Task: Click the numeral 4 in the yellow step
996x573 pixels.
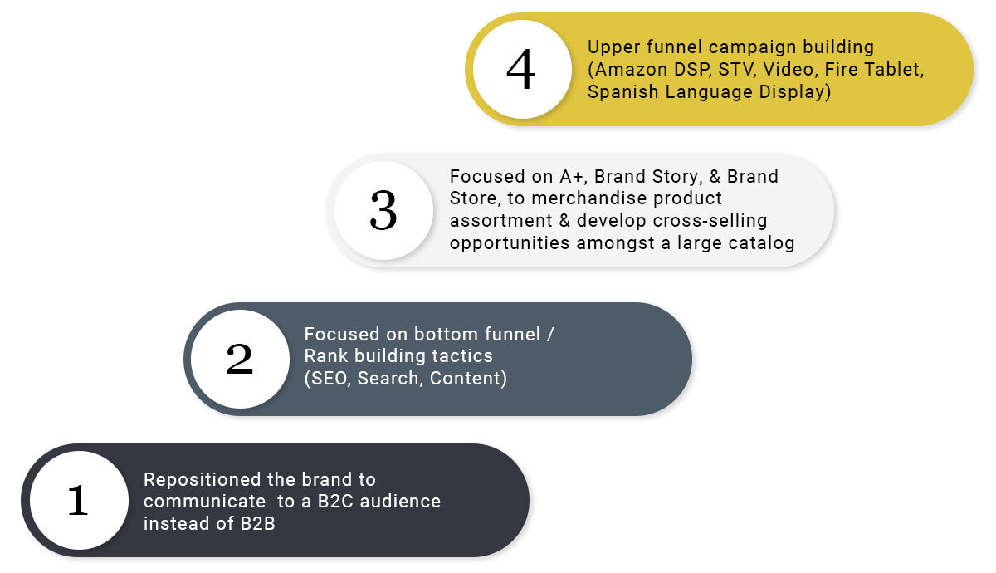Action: click(520, 68)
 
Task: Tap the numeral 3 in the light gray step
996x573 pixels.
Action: click(383, 210)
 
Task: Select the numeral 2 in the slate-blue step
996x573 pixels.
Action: click(240, 359)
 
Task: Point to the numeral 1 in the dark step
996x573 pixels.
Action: click(78, 500)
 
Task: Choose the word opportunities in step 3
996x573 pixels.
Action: click(509, 243)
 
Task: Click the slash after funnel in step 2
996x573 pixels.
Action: click(550, 334)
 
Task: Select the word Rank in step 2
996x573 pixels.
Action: click(325, 356)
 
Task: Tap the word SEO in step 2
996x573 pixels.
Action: click(329, 378)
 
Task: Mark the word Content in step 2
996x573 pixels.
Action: click(465, 378)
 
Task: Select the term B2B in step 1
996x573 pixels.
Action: click(257, 524)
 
